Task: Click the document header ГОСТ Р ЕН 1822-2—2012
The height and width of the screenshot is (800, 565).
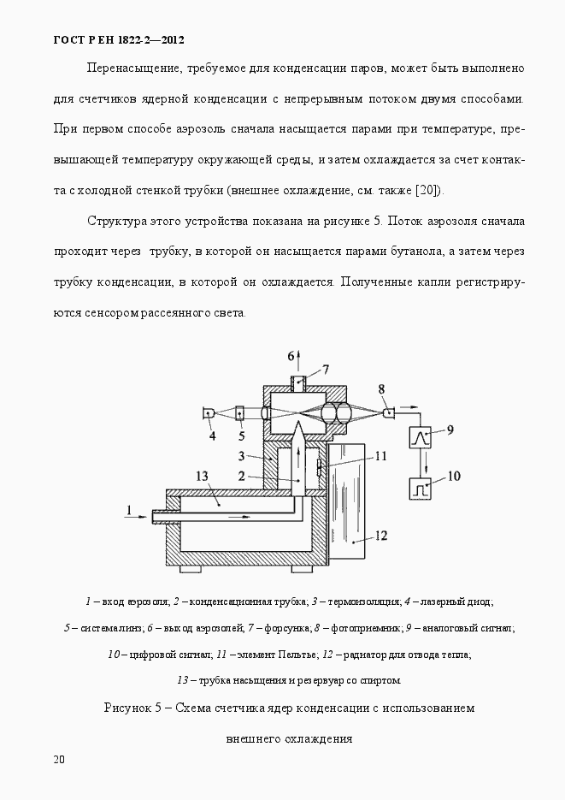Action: pos(118,39)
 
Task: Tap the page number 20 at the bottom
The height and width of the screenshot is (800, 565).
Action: pos(59,759)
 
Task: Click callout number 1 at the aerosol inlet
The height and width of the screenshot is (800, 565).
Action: pos(128,511)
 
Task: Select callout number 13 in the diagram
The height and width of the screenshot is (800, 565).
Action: pos(202,476)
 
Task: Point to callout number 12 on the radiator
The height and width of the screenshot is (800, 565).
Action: pos(380,536)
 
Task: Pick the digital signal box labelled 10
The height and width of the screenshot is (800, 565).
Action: pos(419,490)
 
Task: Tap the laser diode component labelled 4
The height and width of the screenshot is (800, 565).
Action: pos(209,413)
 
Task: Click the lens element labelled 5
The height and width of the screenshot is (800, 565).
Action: pos(239,413)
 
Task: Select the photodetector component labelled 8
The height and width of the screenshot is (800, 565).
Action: pos(389,413)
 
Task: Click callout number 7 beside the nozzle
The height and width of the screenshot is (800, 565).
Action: pos(326,370)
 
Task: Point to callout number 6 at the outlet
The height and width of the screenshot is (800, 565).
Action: pos(291,355)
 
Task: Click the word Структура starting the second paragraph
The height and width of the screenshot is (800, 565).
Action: pos(117,221)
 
